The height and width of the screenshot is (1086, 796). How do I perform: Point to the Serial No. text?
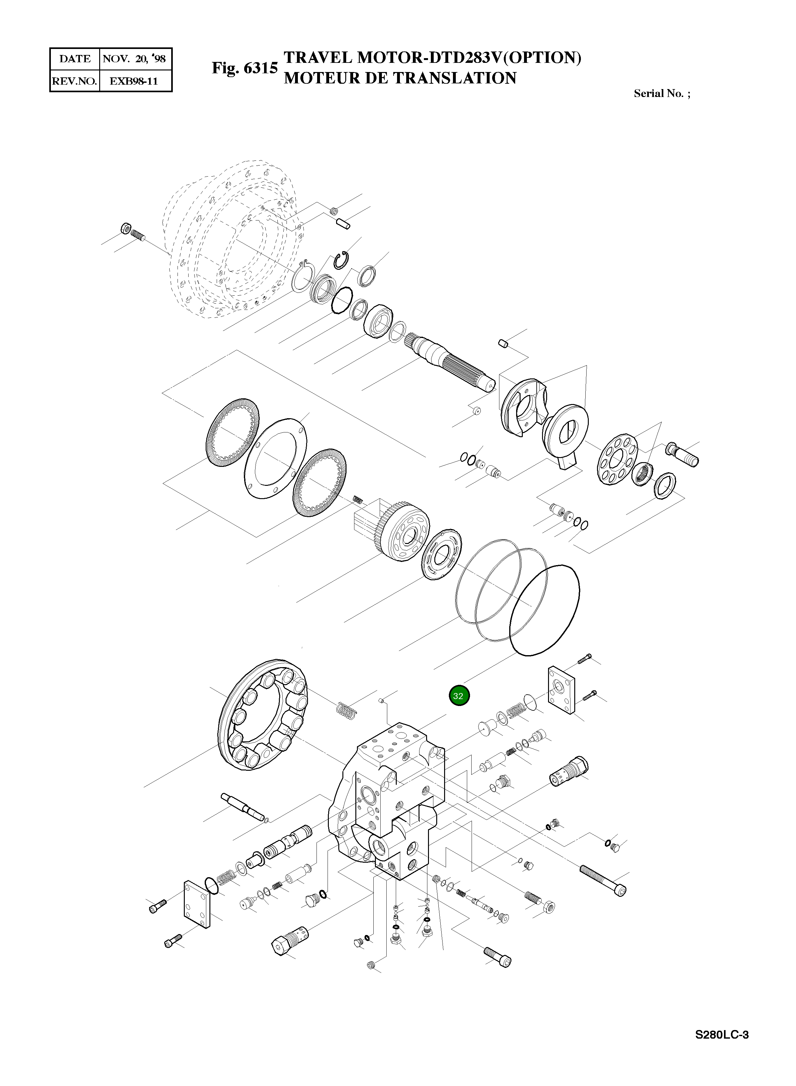point(661,94)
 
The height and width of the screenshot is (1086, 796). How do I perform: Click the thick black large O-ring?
point(545,609)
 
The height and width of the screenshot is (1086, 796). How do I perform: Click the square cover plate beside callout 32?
point(561,690)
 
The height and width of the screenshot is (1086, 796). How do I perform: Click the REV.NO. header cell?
point(75,81)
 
